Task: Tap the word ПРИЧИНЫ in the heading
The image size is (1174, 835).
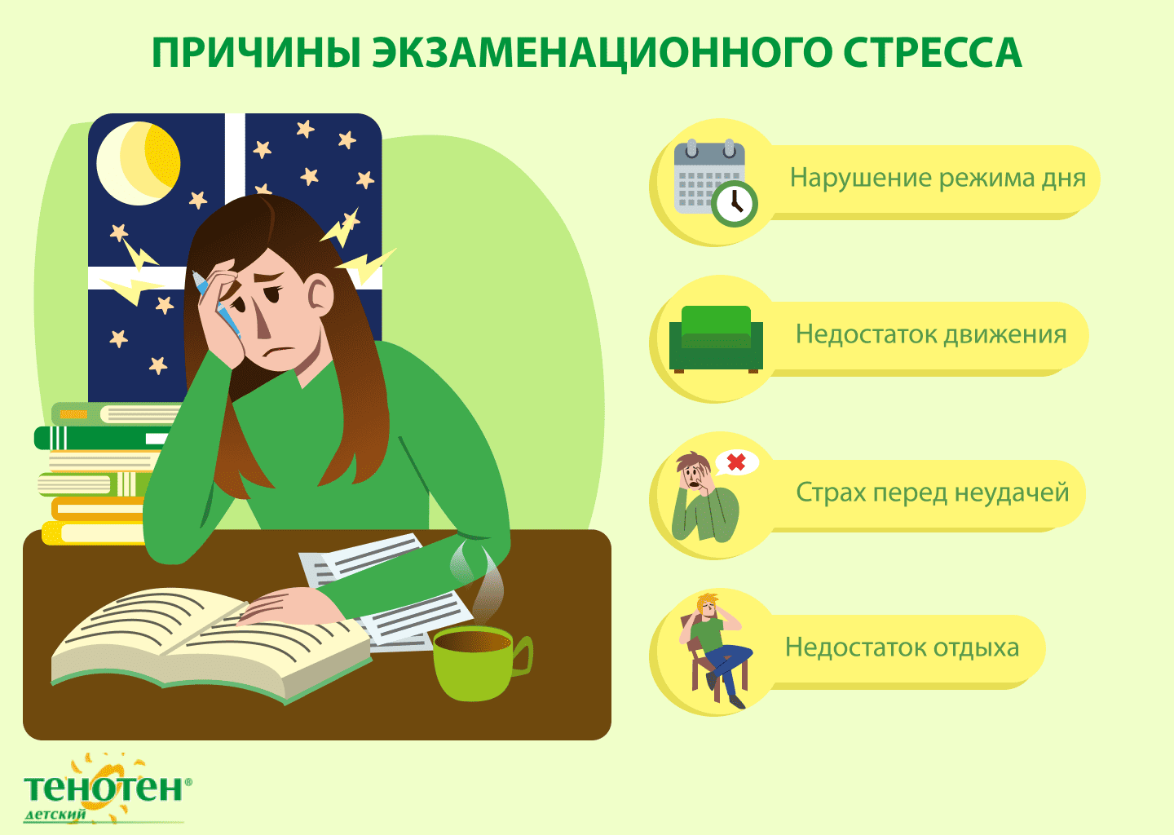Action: (256, 52)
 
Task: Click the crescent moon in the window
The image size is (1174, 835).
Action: (139, 163)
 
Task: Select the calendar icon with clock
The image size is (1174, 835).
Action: (715, 183)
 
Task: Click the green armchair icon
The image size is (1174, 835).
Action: (716, 339)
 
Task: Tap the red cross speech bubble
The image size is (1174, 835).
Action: (736, 463)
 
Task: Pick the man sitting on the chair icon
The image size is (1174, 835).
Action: (716, 650)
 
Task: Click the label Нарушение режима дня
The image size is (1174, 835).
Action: (938, 179)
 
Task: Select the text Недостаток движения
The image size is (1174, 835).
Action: (931, 334)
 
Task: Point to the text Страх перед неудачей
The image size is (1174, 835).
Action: (933, 493)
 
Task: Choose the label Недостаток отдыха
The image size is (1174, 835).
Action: (902, 648)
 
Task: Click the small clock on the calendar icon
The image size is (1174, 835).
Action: (735, 204)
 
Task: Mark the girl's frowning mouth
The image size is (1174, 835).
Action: (280, 350)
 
